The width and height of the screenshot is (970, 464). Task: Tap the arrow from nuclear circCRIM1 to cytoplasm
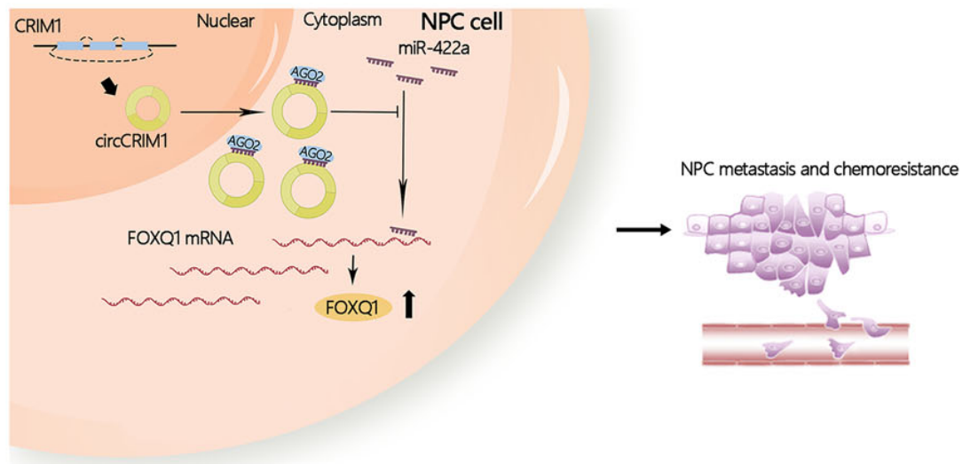coord(222,113)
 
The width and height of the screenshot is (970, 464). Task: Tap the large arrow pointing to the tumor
coord(642,229)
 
